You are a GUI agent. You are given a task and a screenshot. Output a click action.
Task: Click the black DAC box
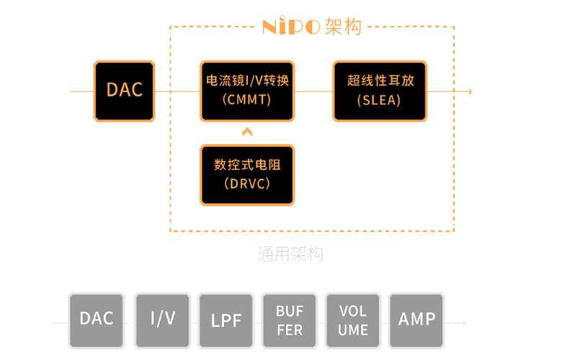tap(124, 91)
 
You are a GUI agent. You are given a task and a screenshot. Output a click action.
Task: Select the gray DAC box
tap(97, 319)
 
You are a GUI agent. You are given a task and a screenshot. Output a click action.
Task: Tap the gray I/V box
tap(163, 319)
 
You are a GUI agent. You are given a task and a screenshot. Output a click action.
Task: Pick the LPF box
tap(226, 320)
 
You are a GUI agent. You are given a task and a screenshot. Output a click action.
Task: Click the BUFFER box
tap(290, 320)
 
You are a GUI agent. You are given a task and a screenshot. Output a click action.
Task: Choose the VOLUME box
tap(353, 320)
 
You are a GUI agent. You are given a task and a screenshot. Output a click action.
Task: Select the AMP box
tap(417, 319)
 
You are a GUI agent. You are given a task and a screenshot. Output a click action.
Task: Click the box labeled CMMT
tap(247, 91)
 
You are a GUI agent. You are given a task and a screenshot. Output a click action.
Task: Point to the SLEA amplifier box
tap(379, 91)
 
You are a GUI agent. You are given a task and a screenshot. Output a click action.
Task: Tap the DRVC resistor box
tap(247, 175)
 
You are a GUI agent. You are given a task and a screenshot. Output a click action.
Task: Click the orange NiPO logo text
tap(291, 27)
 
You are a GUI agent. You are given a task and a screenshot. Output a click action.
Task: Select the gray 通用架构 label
tap(290, 254)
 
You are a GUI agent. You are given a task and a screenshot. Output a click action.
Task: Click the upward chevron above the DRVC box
tap(247, 132)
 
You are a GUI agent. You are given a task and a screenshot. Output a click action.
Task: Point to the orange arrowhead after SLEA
tap(469, 91)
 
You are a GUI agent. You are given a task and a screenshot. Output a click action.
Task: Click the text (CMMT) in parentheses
tap(247, 100)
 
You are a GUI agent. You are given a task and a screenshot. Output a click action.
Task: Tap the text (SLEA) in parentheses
tap(379, 100)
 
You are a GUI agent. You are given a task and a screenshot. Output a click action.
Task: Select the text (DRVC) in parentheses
tap(247, 184)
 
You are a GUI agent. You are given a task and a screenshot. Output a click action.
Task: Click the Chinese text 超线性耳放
tap(379, 81)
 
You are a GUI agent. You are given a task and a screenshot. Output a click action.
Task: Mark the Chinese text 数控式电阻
tap(247, 165)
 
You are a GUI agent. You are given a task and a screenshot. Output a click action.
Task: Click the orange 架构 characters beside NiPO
tap(343, 27)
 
